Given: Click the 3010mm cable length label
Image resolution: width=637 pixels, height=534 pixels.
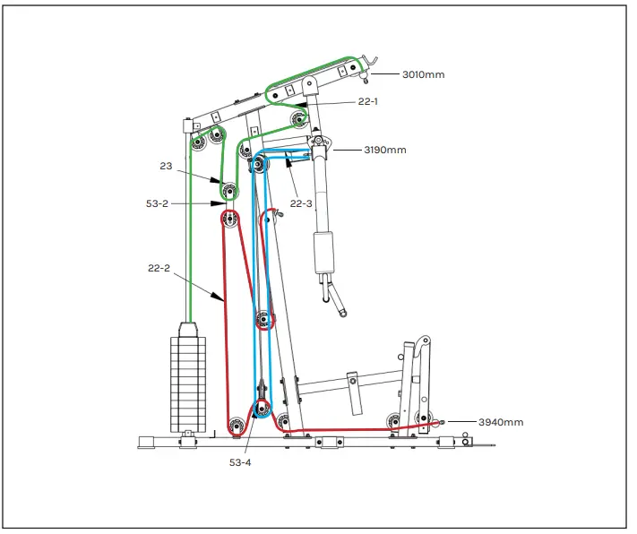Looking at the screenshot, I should [422, 74].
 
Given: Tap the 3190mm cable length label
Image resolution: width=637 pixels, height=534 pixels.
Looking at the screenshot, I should [383, 150].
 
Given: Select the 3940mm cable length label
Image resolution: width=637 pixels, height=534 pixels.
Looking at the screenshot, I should [500, 422].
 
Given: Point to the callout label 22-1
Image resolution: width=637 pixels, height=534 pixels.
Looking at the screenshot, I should [367, 101].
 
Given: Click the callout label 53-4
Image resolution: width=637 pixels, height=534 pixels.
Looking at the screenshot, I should [241, 462].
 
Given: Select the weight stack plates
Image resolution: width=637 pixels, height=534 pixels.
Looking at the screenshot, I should [187, 383].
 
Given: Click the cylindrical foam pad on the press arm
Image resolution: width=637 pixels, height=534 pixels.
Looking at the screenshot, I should [323, 254].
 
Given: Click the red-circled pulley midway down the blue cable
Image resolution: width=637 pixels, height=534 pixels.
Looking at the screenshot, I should [263, 320].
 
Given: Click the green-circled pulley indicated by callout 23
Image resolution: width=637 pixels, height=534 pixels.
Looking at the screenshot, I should [230, 190].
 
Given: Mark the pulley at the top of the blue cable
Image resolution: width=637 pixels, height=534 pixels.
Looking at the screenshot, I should [259, 163].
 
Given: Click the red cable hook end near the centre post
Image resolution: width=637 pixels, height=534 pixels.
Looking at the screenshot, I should [278, 213].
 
